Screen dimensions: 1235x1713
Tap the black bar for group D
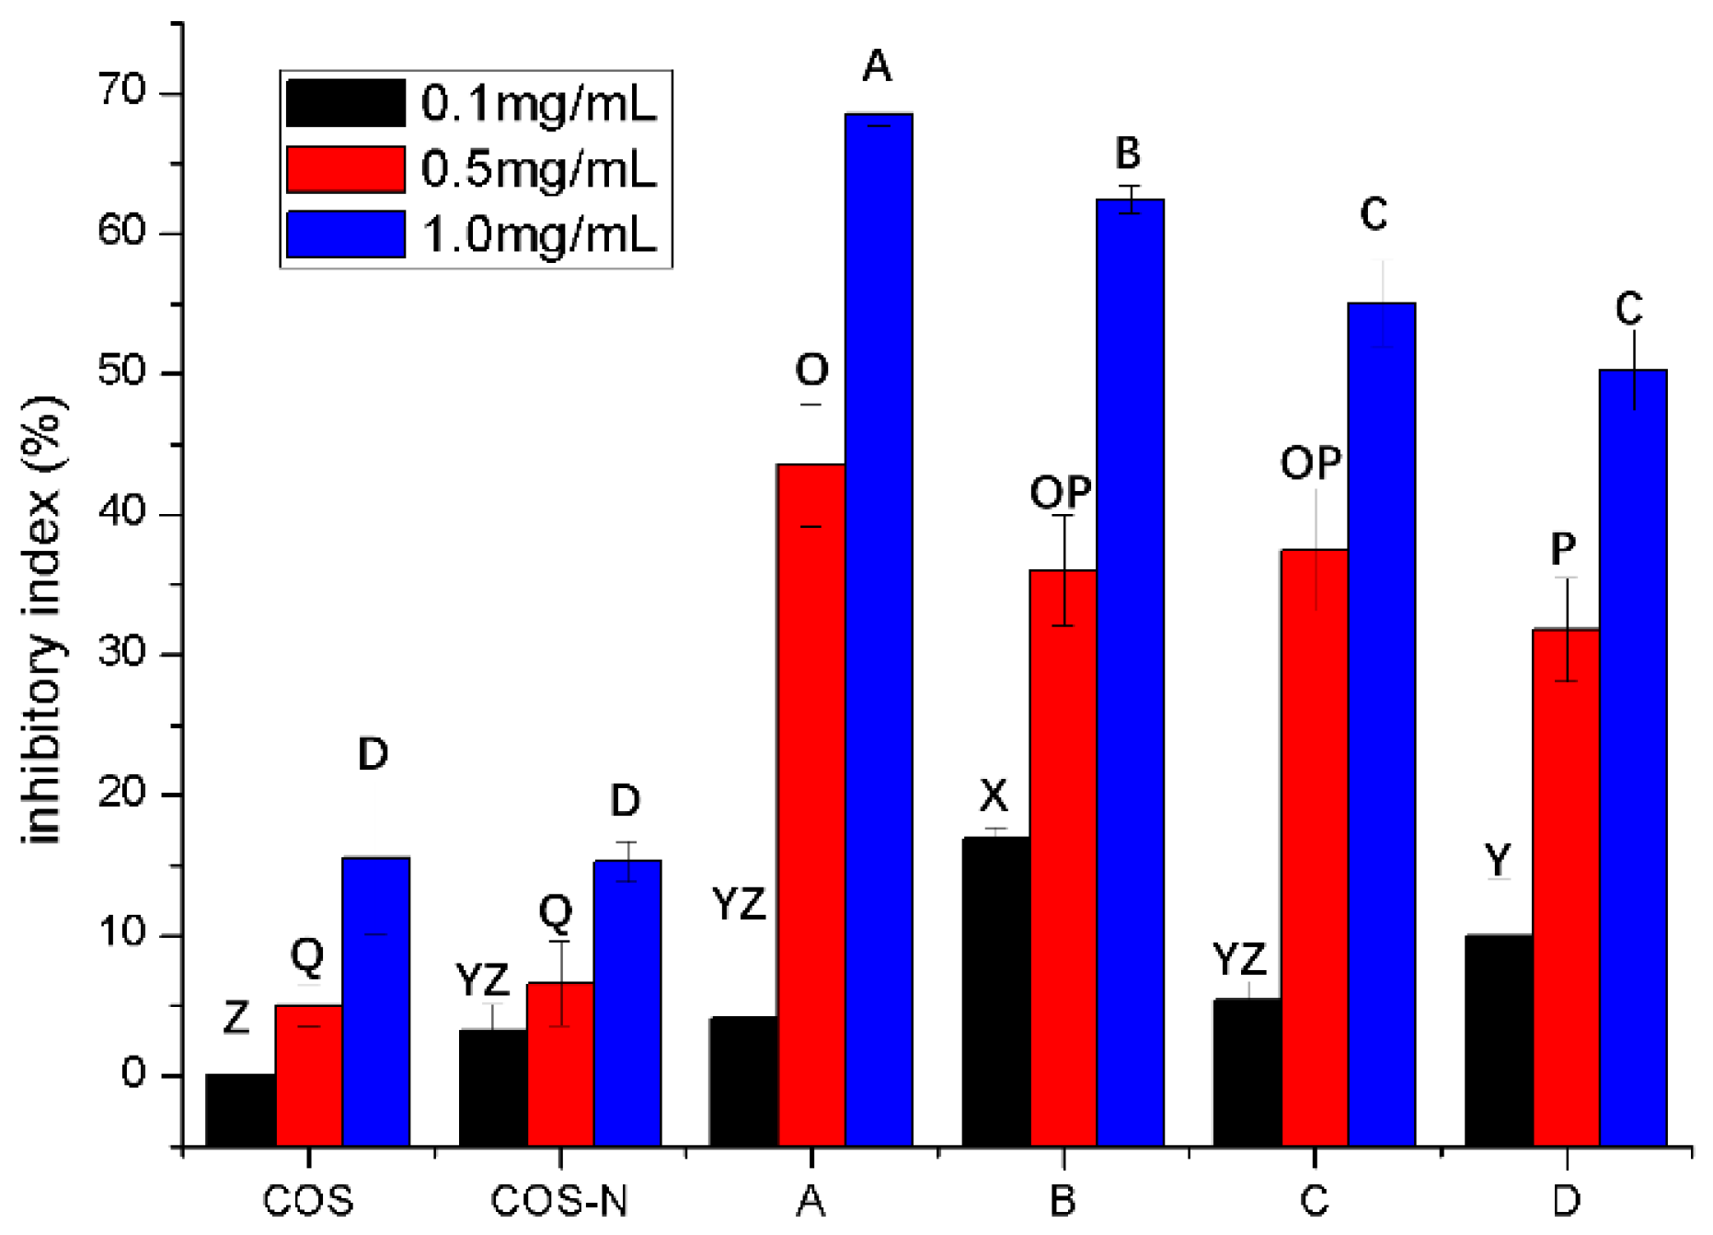pyautogui.click(x=1499, y=1039)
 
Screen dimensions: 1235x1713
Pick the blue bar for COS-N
pyautogui.click(x=627, y=1002)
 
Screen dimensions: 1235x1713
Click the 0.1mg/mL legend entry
pyautogui.click(x=538, y=103)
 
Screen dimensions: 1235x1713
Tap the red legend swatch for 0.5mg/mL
pyautogui.click(x=346, y=169)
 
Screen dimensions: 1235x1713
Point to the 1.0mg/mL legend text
pyautogui.click(x=539, y=234)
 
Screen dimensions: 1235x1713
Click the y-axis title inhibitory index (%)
pyautogui.click(x=43, y=621)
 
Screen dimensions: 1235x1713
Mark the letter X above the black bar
pyautogui.click(x=994, y=795)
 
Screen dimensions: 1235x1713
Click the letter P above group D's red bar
pyautogui.click(x=1563, y=549)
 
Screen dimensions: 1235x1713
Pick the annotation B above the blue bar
pyautogui.click(x=1128, y=153)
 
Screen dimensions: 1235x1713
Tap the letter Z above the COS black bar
pyautogui.click(x=236, y=1018)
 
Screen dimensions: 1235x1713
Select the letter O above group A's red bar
pyautogui.click(x=811, y=371)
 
